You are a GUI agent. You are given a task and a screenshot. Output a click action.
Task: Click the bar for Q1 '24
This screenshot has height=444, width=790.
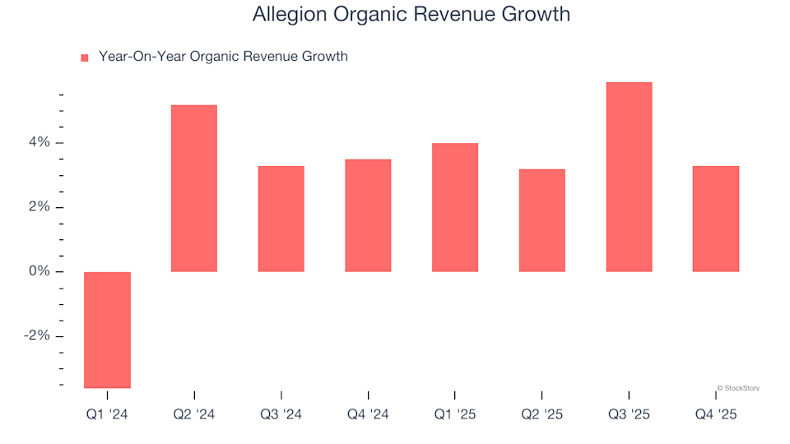point(107,329)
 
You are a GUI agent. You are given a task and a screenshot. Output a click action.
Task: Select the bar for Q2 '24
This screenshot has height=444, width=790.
point(194,188)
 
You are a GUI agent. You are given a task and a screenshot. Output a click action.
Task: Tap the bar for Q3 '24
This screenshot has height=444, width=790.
point(281,219)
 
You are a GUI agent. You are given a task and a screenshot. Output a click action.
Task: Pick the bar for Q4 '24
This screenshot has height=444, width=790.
point(368,215)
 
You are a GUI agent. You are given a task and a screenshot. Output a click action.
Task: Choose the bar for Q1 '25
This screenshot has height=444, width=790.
point(455,207)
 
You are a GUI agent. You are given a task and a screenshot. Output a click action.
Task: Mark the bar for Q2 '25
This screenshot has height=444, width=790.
point(541,220)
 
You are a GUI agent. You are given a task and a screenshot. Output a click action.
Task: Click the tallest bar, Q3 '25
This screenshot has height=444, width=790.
point(629,177)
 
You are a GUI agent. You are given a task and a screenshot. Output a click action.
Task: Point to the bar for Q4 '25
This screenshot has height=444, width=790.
point(716,219)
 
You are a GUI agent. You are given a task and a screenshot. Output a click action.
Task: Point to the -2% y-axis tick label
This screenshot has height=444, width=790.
point(36,336)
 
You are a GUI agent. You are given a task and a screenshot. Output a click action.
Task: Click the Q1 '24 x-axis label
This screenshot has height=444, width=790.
point(107,415)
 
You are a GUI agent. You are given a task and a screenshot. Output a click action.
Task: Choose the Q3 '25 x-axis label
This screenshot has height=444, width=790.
point(629,415)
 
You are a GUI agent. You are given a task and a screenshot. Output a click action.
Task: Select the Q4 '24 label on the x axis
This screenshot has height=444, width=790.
point(368,415)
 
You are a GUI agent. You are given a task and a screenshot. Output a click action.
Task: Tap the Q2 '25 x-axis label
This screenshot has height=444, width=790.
point(541,415)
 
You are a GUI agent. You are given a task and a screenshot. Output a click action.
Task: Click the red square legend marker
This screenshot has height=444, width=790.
point(84,58)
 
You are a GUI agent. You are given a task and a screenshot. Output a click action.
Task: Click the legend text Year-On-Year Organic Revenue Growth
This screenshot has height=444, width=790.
point(223,57)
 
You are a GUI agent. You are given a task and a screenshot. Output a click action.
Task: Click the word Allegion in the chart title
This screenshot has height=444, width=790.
point(287,15)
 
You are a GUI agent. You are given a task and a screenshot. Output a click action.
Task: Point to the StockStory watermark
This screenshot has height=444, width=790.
point(738,388)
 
